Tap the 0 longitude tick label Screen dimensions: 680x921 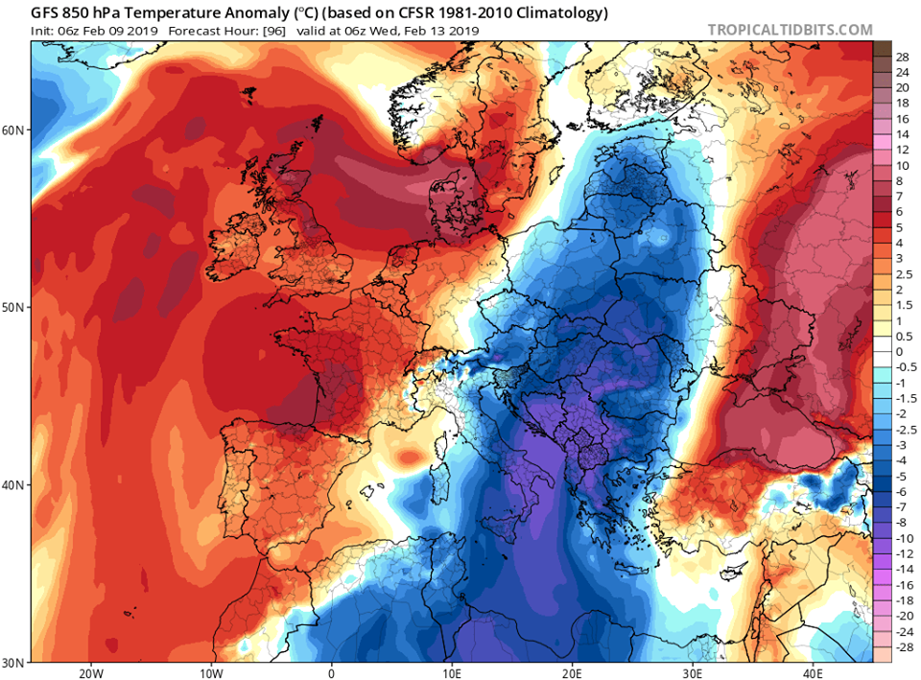pos(332,671)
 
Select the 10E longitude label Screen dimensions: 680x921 pos(452,671)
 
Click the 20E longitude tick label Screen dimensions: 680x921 pos(573,671)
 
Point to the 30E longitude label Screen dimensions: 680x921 pos(694,671)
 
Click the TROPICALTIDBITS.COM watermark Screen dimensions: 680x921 pos(791,31)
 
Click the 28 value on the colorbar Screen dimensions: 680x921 pos(902,58)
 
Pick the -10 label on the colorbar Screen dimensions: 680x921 pos(902,537)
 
